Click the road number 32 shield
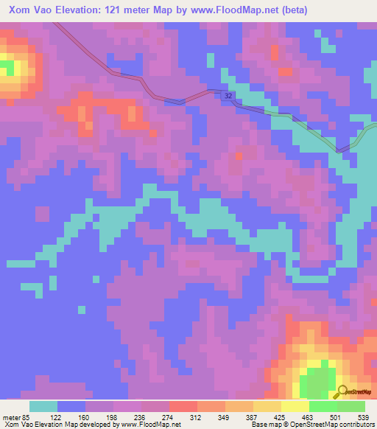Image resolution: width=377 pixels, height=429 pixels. pos(230,97)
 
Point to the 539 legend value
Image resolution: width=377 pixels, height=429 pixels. pos(364,416)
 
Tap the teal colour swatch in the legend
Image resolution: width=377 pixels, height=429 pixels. pos(43,406)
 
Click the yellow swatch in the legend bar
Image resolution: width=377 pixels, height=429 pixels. pos(295,406)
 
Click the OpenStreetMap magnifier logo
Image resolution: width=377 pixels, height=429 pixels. pos(343,391)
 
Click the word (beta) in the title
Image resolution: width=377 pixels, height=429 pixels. pos(293,10)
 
